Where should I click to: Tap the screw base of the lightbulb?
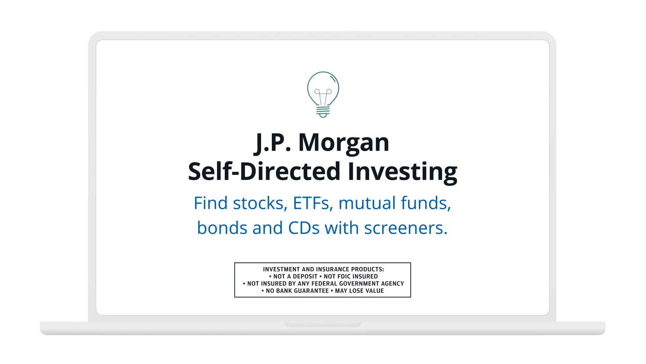click(323, 112)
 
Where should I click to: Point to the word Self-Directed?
click(264, 172)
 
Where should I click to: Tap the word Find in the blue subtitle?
click(211, 203)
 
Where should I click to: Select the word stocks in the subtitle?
click(260, 204)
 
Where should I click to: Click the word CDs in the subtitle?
click(304, 228)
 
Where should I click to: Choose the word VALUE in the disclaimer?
click(375, 291)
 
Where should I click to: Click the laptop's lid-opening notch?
click(323, 324)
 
